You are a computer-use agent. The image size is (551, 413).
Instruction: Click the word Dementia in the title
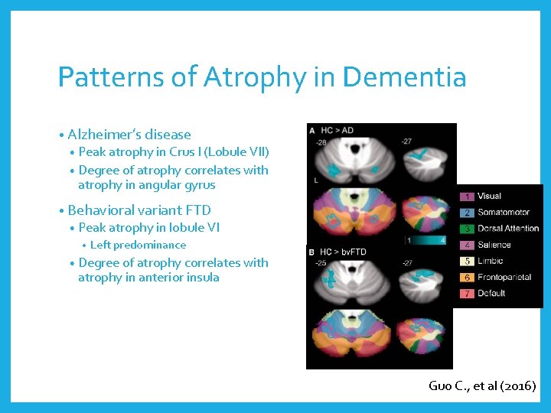[x=405, y=77]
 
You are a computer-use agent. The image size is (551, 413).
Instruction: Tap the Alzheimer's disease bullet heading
[x=129, y=135]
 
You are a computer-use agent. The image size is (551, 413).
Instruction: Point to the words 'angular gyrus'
[x=177, y=184]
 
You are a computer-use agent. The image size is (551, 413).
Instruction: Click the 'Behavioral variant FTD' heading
[x=139, y=210]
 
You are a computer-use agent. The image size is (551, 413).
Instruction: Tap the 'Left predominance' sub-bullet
[x=138, y=245]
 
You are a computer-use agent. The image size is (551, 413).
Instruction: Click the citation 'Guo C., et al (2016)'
[x=482, y=385]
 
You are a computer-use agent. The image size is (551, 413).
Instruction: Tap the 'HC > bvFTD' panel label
[x=343, y=252]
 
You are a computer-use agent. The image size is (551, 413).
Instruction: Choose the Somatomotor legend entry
[x=504, y=213]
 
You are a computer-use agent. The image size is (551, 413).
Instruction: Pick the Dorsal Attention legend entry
[x=507, y=229]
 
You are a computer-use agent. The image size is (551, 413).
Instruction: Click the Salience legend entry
[x=494, y=245]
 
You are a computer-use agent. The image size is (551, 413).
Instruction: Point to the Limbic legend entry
[x=490, y=262]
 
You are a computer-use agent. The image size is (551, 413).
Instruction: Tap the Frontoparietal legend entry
[x=504, y=278]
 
